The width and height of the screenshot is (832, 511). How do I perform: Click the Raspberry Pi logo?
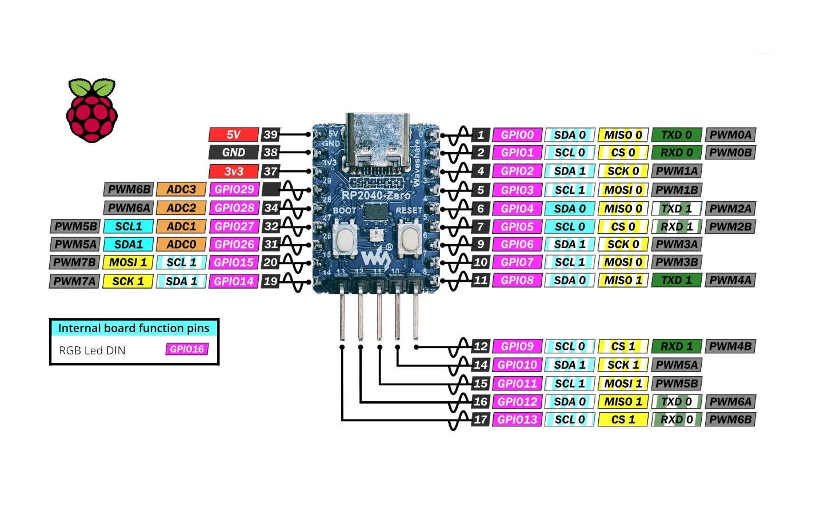coord(91,110)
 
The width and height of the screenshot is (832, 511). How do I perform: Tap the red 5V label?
coord(234,135)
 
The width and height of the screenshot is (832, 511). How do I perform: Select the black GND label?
coord(234,153)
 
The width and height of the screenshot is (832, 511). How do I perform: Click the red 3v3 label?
coord(234,171)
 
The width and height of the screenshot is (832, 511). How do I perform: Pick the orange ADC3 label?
coord(181,189)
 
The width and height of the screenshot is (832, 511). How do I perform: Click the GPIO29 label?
coord(234,189)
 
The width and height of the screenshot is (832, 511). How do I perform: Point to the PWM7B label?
coord(75,262)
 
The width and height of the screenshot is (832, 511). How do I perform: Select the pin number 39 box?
coord(270,135)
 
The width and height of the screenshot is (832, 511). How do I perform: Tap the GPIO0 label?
coord(517,135)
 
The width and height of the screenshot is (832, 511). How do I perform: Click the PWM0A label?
coord(731,135)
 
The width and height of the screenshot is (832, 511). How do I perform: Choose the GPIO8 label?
coord(517,280)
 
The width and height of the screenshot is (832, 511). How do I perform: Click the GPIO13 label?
coord(517,420)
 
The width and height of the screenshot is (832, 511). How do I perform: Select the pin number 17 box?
coord(481,420)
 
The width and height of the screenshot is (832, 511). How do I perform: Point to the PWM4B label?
coord(731,346)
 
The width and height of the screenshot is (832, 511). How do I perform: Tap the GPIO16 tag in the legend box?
coord(187,349)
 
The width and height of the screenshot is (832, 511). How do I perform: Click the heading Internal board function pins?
coord(134,328)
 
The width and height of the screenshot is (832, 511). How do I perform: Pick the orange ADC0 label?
coord(181,244)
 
